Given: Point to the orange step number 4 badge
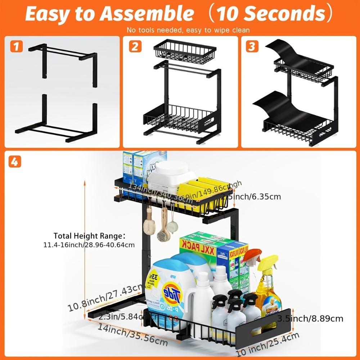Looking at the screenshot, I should pos(14,162).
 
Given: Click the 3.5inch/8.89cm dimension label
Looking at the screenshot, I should pos(310,319).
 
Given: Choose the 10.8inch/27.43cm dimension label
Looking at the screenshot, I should pos(104,297).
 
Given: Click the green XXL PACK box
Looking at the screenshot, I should pos(202,248).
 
